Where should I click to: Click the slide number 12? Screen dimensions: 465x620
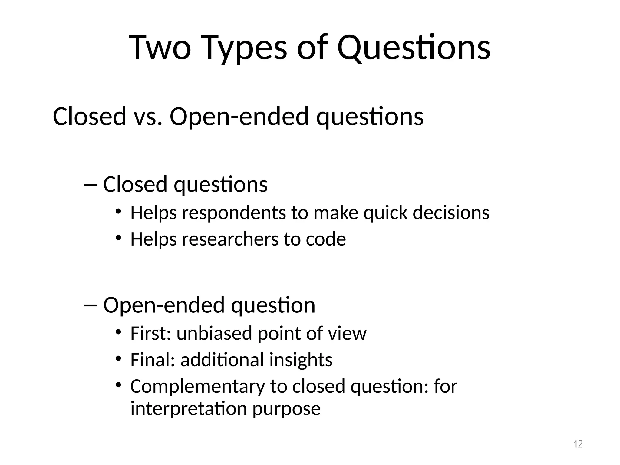pyautogui.click(x=578, y=444)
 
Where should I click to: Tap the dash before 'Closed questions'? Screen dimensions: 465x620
pyautogui.click(x=90, y=184)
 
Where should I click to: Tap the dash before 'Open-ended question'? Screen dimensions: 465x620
pyautogui.click(x=90, y=305)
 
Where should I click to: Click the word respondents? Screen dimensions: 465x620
pyautogui.click(x=234, y=213)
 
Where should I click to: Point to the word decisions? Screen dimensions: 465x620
pyautogui.click(x=451, y=213)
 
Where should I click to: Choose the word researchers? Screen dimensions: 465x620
pyautogui.click(x=230, y=239)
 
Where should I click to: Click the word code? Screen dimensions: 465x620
pyautogui.click(x=326, y=239)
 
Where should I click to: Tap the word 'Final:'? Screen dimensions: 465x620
pyautogui.click(x=153, y=360)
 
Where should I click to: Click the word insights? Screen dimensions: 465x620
pyautogui.click(x=301, y=360)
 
